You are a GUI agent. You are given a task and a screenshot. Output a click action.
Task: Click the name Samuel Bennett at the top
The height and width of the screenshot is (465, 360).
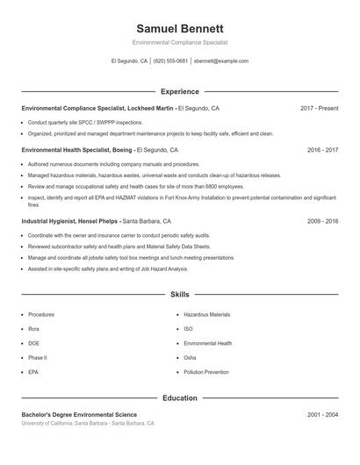179,28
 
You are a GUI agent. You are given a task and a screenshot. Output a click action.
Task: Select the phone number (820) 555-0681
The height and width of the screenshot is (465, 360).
170,61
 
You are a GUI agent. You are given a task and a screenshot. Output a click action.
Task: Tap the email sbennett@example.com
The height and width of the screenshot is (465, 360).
221,61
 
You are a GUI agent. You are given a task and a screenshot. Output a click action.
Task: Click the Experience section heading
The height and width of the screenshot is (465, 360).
179,91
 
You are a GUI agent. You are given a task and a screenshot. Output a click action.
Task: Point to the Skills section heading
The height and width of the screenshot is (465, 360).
179,295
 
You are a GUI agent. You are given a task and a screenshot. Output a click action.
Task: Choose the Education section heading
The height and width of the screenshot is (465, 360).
179,398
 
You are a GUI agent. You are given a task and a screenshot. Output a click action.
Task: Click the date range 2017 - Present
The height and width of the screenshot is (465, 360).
319,108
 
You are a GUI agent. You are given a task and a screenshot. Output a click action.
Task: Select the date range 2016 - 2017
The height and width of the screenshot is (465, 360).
322,150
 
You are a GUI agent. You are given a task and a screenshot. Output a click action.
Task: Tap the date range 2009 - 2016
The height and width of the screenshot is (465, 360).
322,222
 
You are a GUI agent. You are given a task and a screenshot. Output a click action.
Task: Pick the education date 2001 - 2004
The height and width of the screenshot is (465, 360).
322,414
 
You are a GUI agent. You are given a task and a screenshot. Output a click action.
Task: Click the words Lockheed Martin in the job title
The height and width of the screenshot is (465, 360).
152,108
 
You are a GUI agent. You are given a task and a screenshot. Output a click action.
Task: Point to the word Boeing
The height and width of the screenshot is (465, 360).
122,150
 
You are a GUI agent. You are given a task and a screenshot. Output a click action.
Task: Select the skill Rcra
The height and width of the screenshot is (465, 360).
35,328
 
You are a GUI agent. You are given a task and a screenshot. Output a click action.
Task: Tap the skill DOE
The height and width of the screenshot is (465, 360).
34,343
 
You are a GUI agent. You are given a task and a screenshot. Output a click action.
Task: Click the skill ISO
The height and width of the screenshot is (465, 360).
189,328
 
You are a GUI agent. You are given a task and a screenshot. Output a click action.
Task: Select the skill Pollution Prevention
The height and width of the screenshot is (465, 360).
206,372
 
